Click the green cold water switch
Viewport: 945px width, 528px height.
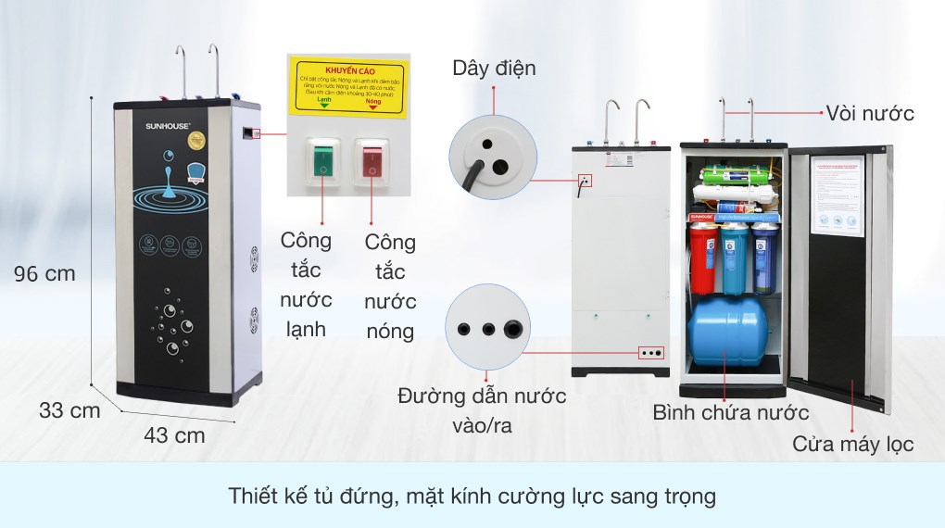(x=322, y=160)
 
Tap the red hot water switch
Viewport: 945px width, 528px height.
(x=372, y=160)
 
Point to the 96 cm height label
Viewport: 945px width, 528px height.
(x=44, y=274)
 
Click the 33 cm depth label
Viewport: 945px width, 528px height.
(x=69, y=410)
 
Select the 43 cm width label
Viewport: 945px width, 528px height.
(x=175, y=434)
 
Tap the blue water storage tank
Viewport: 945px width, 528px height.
(x=725, y=330)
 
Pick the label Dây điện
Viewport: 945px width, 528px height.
(x=494, y=68)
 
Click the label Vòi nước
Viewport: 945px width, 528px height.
(x=870, y=113)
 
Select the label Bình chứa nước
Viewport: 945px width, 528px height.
(x=730, y=412)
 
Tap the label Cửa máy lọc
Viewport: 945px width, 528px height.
(x=852, y=444)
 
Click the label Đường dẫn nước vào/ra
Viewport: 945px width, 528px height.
(x=482, y=410)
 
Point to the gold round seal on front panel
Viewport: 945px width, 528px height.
(x=195, y=142)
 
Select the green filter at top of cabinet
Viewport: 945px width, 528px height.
(x=730, y=174)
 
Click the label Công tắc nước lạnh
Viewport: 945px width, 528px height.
(x=306, y=284)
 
